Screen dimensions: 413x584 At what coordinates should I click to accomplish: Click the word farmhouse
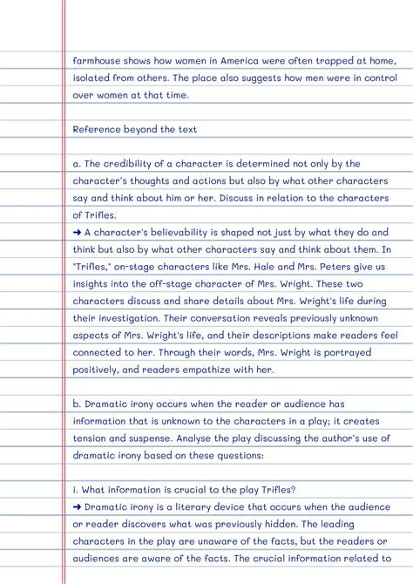[98, 60]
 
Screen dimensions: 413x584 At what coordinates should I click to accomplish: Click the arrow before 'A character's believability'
[78, 233]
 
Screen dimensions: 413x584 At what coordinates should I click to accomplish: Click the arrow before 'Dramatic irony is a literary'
[78, 506]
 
